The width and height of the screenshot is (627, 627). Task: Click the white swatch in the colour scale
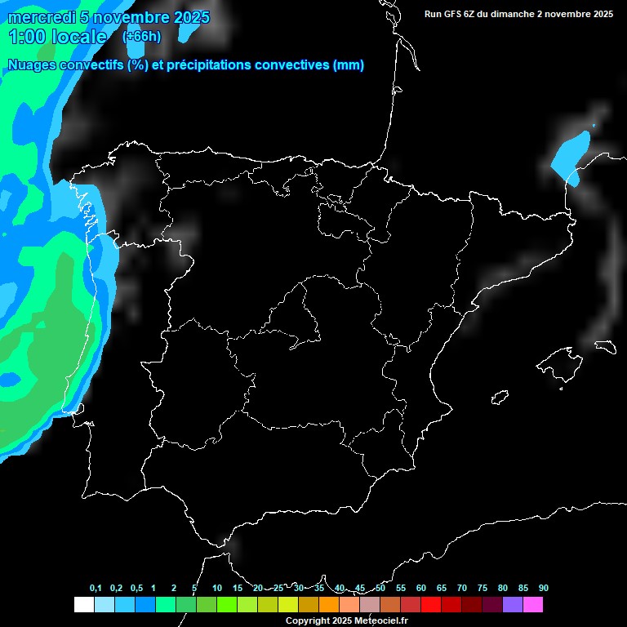pyautogui.click(x=83, y=604)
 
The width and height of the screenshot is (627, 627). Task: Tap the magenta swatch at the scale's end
pyautogui.click(x=533, y=604)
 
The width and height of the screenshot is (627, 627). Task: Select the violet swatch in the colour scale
pyautogui.click(x=513, y=604)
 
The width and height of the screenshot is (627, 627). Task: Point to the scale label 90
pyautogui.click(x=543, y=589)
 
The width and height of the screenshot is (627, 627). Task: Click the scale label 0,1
pyautogui.click(x=96, y=589)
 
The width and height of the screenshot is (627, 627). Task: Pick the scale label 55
pyautogui.click(x=400, y=589)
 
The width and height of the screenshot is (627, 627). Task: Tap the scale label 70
pyautogui.click(x=461, y=589)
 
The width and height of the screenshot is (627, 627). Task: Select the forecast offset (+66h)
pyautogui.click(x=141, y=37)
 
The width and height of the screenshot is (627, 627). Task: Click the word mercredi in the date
pyautogui.click(x=42, y=17)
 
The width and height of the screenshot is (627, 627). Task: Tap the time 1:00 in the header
pyautogui.click(x=24, y=37)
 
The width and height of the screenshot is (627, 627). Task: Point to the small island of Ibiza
pyautogui.click(x=500, y=398)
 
